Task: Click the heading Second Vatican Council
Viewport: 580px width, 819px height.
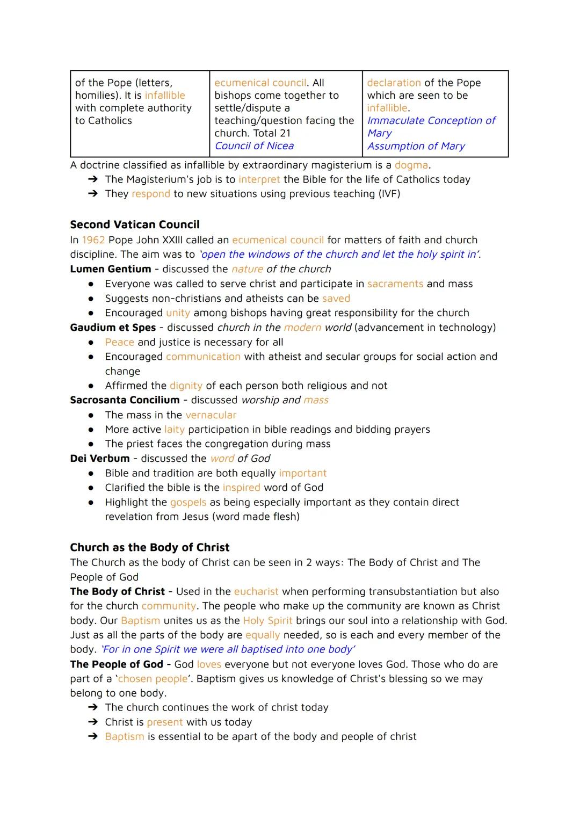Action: pyautogui.click(x=134, y=224)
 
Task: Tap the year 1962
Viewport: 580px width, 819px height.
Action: pyautogui.click(x=93, y=240)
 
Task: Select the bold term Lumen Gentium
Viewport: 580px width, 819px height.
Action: pyautogui.click(x=111, y=269)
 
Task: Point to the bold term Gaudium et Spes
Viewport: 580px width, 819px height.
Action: pyautogui.click(x=113, y=328)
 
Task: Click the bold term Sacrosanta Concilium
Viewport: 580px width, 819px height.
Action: pyautogui.click(x=125, y=400)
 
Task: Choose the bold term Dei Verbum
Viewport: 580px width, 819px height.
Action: pyautogui.click(x=100, y=459)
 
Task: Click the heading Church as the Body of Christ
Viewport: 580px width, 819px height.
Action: pyautogui.click(x=149, y=547)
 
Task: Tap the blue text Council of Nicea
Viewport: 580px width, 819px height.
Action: pyautogui.click(x=254, y=146)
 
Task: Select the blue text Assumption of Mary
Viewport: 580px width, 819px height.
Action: pyautogui.click(x=416, y=146)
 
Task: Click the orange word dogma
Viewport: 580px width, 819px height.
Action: pyautogui.click(x=411, y=165)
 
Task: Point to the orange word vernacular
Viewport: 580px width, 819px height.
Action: pyautogui.click(x=211, y=415)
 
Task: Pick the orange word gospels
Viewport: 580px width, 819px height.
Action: pyautogui.click(x=188, y=502)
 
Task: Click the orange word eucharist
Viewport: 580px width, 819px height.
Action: pyautogui.click(x=256, y=591)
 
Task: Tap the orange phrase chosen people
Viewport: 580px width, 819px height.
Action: pyautogui.click(x=153, y=679)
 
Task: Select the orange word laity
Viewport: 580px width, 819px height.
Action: pyautogui.click(x=174, y=430)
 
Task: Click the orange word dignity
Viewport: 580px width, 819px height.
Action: pyautogui.click(x=186, y=386)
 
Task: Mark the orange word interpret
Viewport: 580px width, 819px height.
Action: pyautogui.click(x=259, y=179)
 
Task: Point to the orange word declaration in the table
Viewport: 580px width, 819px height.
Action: pyautogui.click(x=394, y=83)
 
